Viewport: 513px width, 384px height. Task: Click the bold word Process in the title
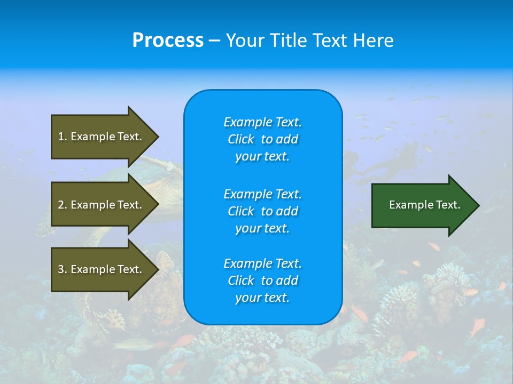[168, 40]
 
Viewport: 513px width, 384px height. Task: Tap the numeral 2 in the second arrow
[61, 205]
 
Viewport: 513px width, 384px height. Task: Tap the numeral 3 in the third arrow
[61, 269]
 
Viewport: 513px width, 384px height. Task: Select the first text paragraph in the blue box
[262, 139]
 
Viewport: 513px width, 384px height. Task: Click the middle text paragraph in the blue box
[262, 211]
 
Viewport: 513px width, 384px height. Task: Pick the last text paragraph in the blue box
[262, 281]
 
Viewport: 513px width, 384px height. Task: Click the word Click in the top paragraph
[241, 139]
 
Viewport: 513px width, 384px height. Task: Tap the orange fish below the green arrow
[434, 246]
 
